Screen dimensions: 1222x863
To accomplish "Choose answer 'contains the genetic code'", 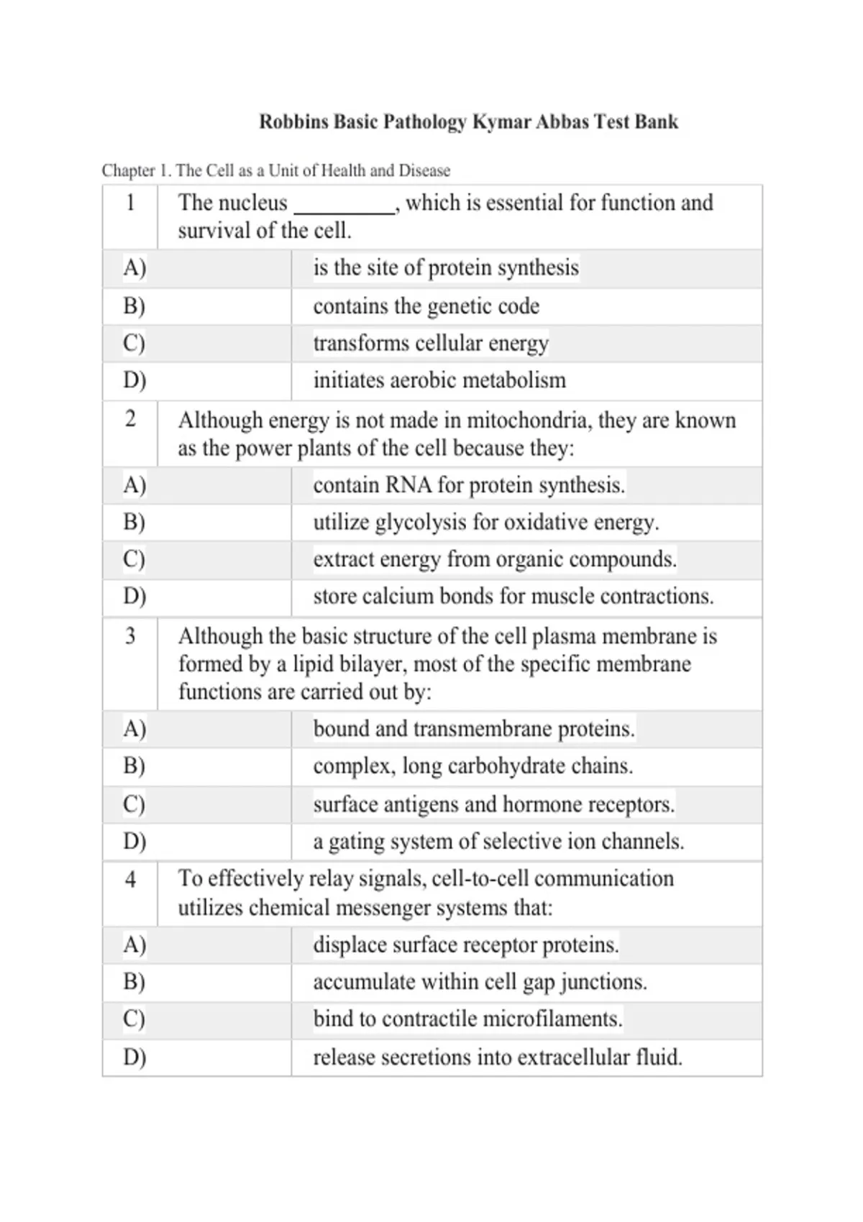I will (426, 306).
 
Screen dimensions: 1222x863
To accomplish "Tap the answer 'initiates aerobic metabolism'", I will (439, 380).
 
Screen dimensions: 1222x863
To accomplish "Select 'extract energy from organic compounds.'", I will (495, 559).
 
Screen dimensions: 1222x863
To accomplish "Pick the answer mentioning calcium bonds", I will (513, 597).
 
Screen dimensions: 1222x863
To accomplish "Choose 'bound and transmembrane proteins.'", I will (474, 729).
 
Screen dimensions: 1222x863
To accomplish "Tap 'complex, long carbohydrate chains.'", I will (472, 766).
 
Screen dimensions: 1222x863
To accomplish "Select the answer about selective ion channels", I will (498, 841).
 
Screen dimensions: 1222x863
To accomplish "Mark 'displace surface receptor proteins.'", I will (465, 945).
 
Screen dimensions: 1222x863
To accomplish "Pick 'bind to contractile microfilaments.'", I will (467, 1019).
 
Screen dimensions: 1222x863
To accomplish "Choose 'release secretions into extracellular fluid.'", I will (498, 1057).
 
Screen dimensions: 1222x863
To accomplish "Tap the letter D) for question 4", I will (134, 1057).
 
